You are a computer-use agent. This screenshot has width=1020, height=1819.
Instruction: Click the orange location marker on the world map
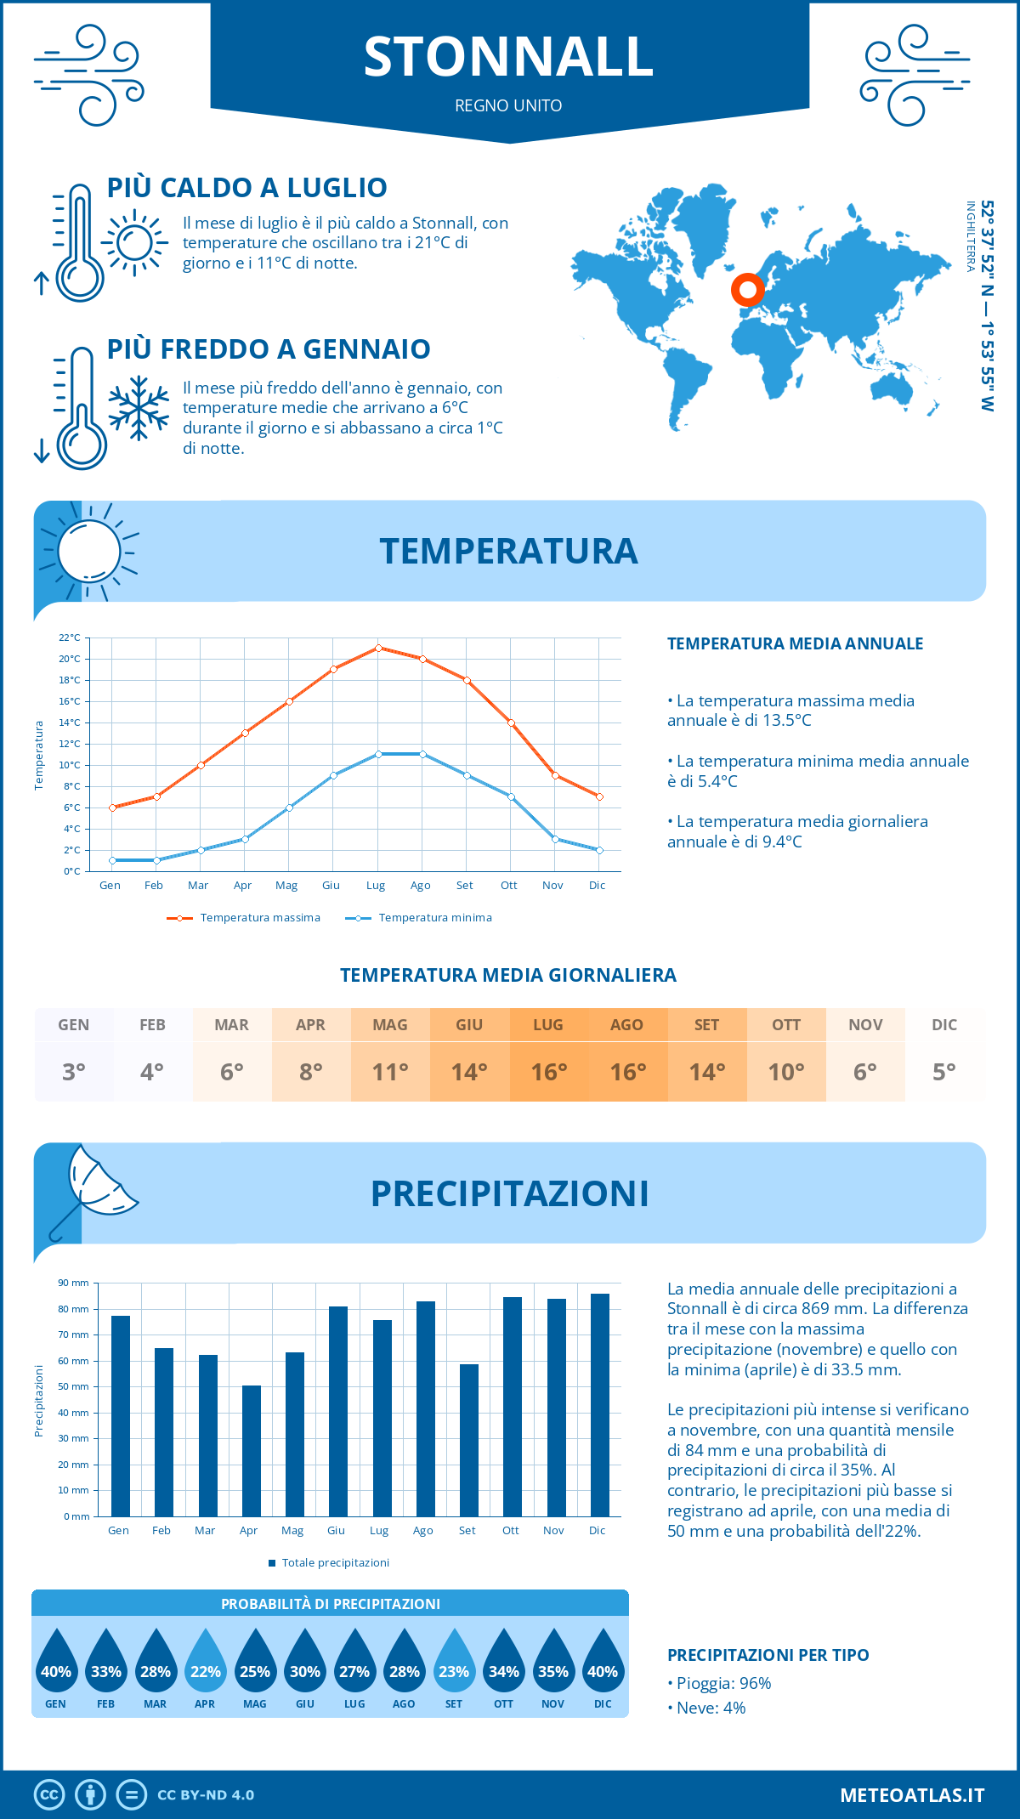point(748,290)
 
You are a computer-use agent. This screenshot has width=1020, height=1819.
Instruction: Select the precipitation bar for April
point(252,1450)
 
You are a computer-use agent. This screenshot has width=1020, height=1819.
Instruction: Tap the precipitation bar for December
point(600,1404)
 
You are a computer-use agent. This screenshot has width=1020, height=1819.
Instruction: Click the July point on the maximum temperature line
point(378,648)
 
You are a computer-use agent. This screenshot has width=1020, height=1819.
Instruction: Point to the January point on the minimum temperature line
point(112,860)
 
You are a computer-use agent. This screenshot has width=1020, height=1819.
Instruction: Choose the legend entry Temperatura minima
point(420,918)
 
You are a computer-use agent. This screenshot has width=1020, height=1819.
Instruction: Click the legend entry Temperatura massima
point(245,918)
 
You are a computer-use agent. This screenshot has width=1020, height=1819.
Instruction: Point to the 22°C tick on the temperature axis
point(70,637)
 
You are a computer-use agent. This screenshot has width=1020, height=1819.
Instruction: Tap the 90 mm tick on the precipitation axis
point(74,1283)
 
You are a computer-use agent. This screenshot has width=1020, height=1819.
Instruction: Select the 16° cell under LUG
point(548,1072)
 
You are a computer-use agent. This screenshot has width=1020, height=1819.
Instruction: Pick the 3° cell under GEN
point(74,1072)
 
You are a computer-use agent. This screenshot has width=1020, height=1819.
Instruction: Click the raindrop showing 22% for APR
point(205,1669)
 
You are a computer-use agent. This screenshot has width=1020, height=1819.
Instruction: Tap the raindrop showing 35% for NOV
point(553,1669)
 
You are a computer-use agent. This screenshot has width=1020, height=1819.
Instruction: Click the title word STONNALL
point(508,57)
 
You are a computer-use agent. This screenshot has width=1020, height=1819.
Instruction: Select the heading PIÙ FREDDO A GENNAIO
point(269,349)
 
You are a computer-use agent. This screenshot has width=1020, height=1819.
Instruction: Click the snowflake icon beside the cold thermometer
point(139,408)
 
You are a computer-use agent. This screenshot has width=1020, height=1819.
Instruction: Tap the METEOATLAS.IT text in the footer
point(912,1795)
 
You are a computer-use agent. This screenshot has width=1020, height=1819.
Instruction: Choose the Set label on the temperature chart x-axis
point(464,886)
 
